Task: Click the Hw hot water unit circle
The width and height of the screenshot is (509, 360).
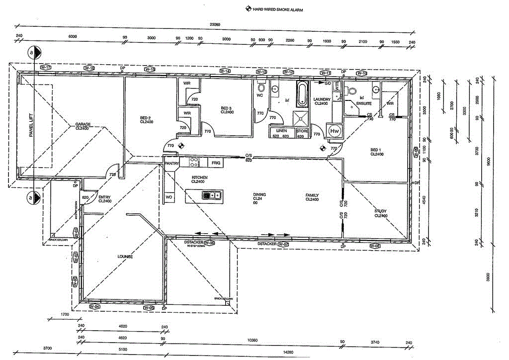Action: [x=335, y=131]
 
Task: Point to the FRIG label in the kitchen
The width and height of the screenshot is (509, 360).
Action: [x=215, y=163]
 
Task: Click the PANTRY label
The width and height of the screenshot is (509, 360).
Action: [x=171, y=163]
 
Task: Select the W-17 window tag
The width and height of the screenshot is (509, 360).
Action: [x=46, y=67]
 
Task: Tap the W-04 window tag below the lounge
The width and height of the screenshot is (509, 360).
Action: [x=94, y=307]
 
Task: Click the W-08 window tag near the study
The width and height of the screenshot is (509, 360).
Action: [x=375, y=246]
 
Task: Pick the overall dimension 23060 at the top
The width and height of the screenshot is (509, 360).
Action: [x=215, y=24]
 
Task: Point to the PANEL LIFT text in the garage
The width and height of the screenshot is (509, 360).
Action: [x=31, y=125]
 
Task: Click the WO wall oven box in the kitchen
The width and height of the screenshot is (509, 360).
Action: [x=170, y=196]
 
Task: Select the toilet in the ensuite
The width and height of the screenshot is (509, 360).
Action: [x=352, y=91]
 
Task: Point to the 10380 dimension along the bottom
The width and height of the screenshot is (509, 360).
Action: [x=253, y=341]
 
